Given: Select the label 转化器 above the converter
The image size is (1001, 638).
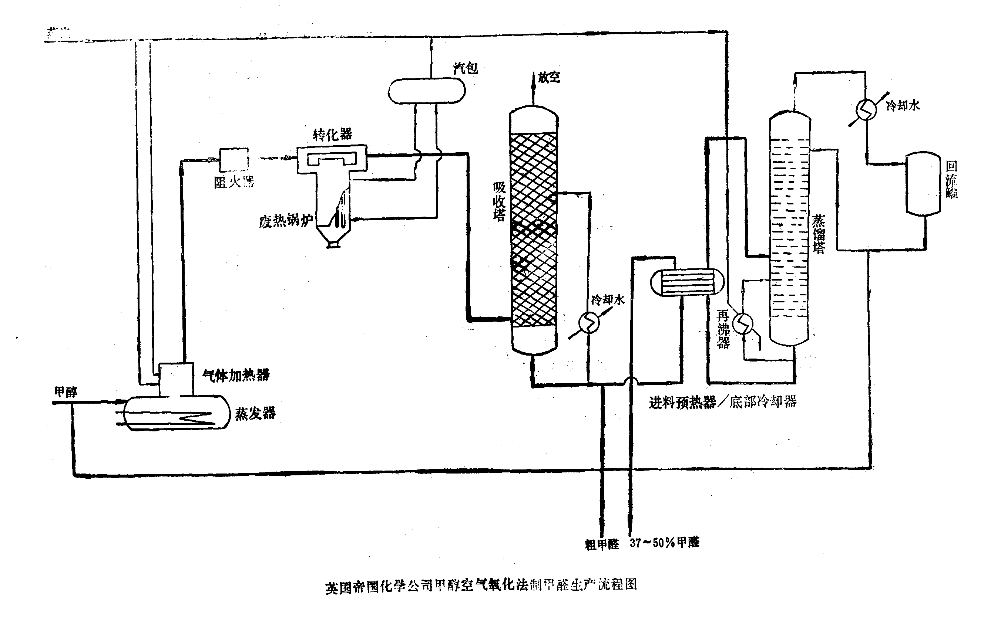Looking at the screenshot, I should [x=333, y=134].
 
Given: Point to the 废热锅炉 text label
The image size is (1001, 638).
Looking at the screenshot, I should [x=286, y=221].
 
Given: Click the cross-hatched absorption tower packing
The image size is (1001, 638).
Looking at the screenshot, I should [x=533, y=228].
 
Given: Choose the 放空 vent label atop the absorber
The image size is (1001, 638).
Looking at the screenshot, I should [x=549, y=77].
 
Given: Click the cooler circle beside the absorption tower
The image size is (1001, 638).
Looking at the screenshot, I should [x=589, y=322].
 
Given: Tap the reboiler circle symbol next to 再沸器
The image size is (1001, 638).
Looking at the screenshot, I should [x=743, y=323].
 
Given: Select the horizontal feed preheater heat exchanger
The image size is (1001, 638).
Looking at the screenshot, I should [x=687, y=282].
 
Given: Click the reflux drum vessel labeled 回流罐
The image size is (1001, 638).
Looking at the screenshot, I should [x=923, y=183].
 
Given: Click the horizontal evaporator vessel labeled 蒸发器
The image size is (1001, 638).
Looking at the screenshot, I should [x=177, y=413].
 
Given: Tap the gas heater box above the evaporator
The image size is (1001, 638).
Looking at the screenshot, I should [x=176, y=379].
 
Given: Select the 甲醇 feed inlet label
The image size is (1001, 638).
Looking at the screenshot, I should [x=65, y=392].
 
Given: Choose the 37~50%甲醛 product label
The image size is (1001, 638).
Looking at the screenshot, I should [x=664, y=543].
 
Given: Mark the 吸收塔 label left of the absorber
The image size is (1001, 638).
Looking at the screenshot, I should [x=499, y=201].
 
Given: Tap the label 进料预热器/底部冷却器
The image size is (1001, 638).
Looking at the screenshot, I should [x=722, y=402].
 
